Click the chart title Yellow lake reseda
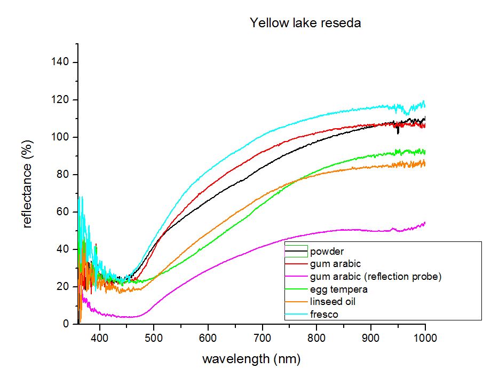point(305,23)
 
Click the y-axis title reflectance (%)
point(28,184)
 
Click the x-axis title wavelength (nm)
point(251,358)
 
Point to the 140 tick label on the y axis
point(60,62)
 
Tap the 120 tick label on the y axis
point(60,99)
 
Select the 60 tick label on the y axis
point(62,211)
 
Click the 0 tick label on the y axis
point(66,324)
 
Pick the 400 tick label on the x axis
point(100,338)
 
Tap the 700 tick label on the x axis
point(262,338)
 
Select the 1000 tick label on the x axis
point(425,338)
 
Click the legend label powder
point(327,252)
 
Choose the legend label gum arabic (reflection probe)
point(376,277)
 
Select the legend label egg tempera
point(339,289)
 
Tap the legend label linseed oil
point(333,302)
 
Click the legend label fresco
point(324,314)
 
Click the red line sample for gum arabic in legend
point(296,264)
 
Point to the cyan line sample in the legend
point(296,314)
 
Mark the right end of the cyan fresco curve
point(425,106)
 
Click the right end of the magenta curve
point(425,223)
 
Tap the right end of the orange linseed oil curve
point(425,163)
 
